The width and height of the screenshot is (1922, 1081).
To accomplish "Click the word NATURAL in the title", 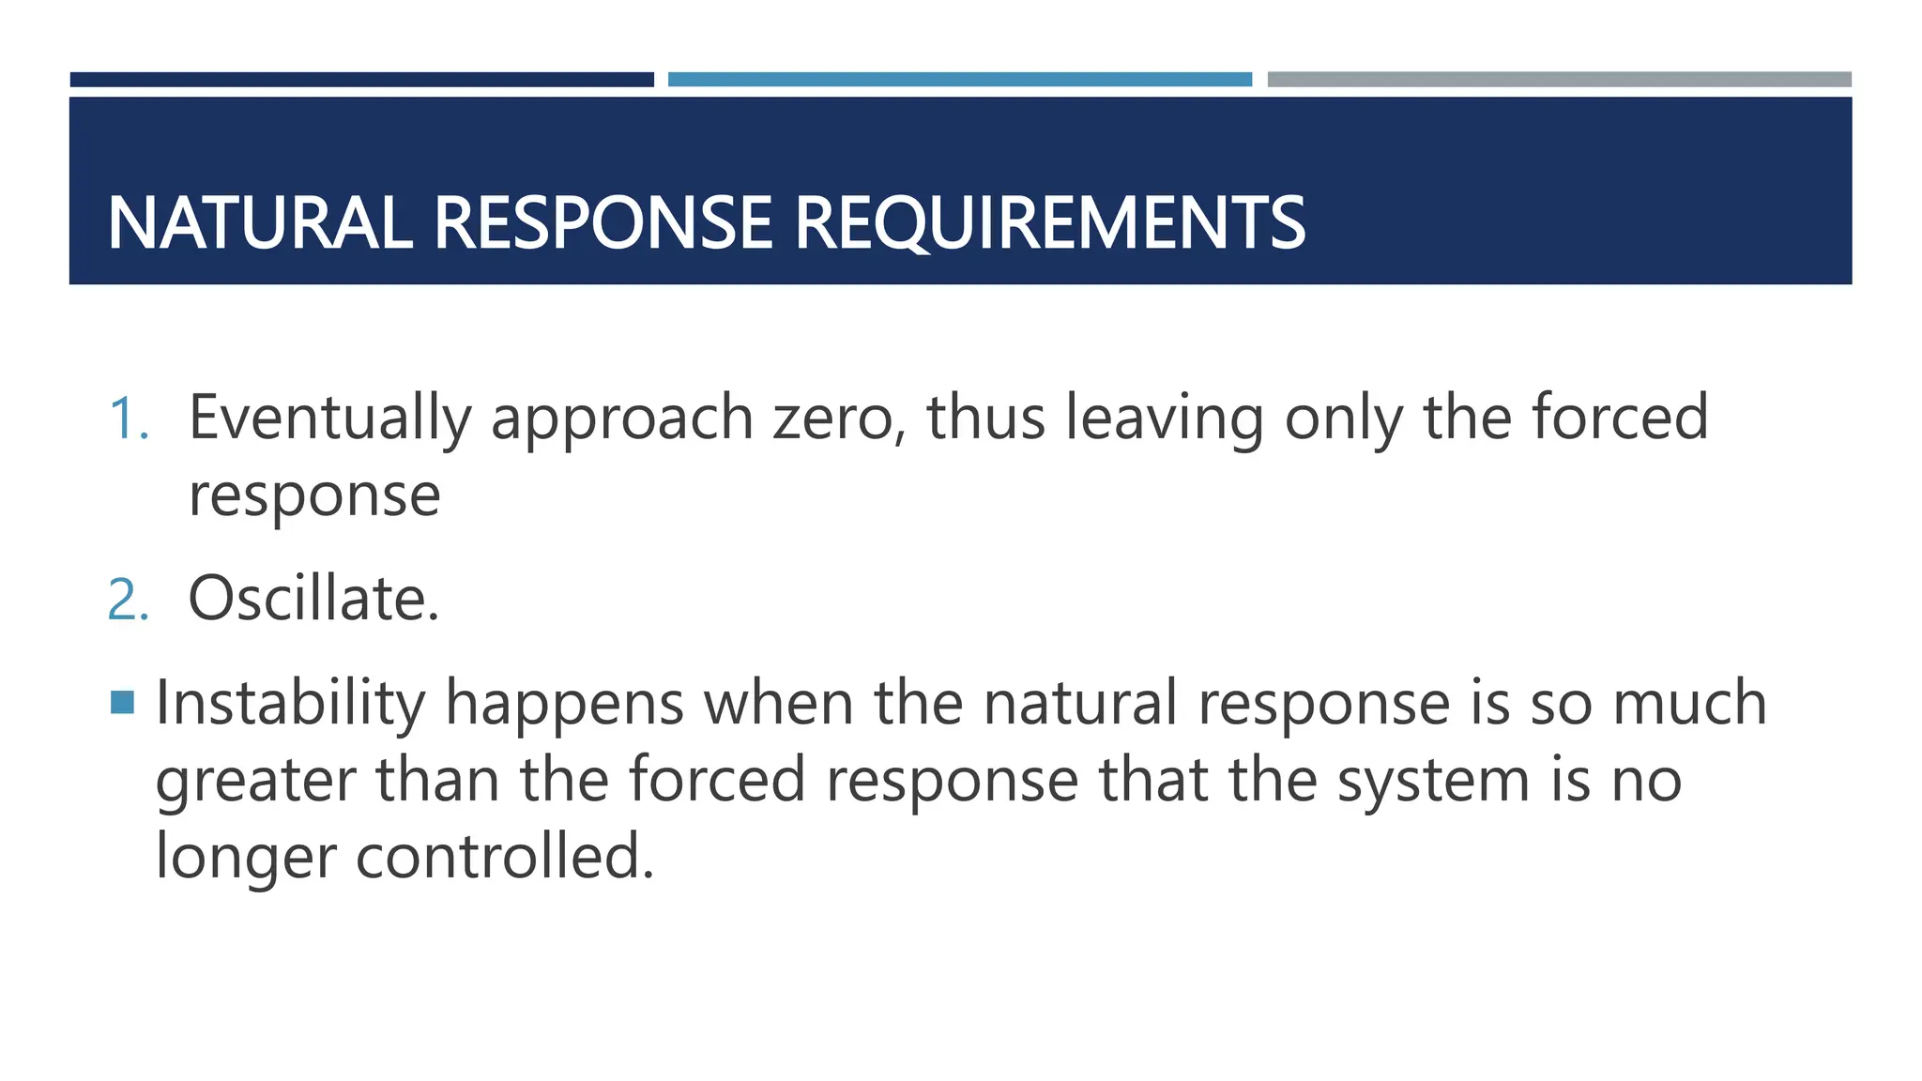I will (x=259, y=223).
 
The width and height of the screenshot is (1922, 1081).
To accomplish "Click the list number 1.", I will (x=128, y=419).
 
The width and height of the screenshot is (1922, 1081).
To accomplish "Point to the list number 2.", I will (x=128, y=600).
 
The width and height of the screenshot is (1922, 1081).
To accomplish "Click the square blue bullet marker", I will (x=122, y=702).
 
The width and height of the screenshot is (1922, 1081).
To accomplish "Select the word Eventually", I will (x=329, y=419).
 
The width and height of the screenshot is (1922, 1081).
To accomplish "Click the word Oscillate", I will (x=313, y=599).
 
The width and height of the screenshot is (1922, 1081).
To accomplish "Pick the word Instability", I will (x=289, y=704).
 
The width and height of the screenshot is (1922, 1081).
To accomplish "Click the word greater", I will (x=255, y=781).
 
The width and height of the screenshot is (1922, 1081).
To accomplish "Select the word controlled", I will (x=504, y=857).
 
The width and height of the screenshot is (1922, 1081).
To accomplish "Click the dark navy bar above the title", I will (x=361, y=80).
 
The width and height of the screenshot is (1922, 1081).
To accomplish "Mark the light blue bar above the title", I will (x=959, y=80).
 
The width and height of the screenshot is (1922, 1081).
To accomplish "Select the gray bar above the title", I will (x=1559, y=80).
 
